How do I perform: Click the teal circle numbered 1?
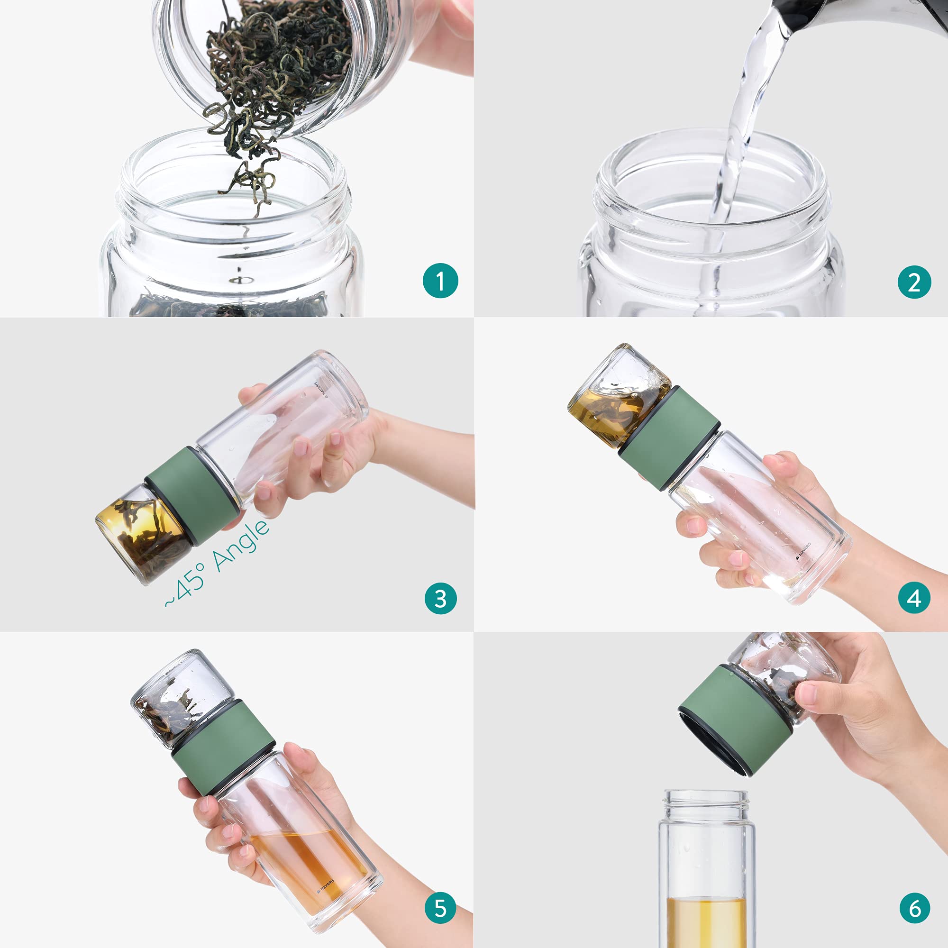pyautogui.click(x=440, y=281)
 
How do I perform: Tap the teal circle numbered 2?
pyautogui.click(x=914, y=282)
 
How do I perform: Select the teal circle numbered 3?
pyautogui.click(x=440, y=599)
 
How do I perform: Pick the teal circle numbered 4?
pyautogui.click(x=914, y=598)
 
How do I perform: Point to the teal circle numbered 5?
pyautogui.click(x=440, y=908)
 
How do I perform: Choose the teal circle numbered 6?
pyautogui.click(x=915, y=908)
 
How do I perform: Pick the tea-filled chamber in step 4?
pyautogui.click(x=618, y=396)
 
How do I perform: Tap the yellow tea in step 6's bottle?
pyautogui.click(x=707, y=921)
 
